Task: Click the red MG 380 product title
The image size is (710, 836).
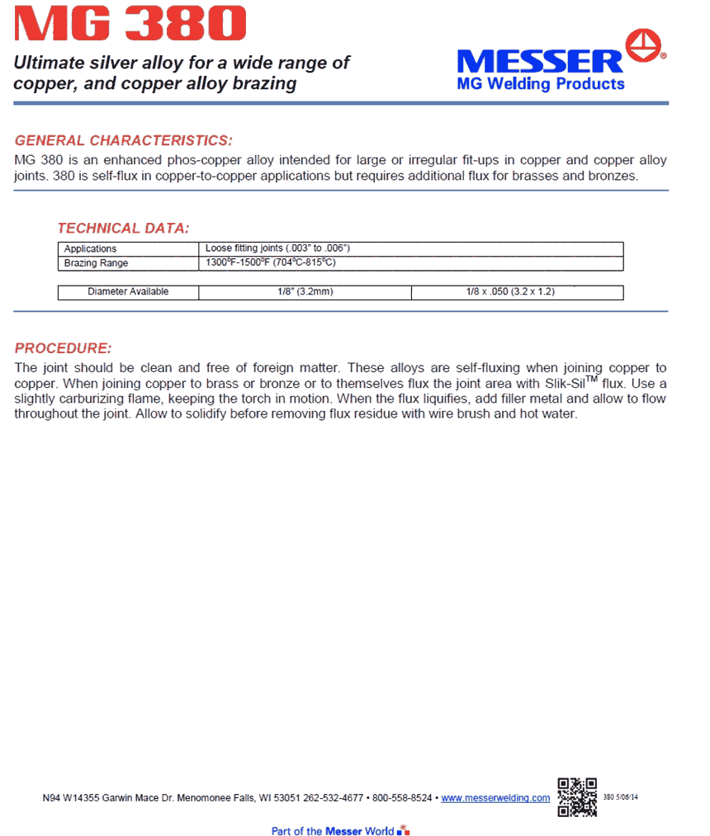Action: coord(130,25)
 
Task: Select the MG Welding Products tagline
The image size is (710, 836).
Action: coord(541,84)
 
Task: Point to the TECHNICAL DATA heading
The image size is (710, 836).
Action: coord(123,228)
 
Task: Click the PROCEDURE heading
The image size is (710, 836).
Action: coord(63,347)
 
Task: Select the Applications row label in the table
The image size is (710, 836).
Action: coord(91,248)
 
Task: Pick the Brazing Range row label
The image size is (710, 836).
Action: coord(97,263)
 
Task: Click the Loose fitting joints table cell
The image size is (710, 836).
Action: coord(278,248)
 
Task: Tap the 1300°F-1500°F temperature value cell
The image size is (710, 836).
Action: coord(271,263)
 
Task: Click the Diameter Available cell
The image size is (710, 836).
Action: coord(128,292)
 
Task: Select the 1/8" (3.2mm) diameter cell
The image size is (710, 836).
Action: coord(305,292)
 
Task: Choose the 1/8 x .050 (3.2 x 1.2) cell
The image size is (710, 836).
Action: coord(516,292)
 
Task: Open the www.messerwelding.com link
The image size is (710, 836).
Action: coord(495,798)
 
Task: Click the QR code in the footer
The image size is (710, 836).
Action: coord(577,796)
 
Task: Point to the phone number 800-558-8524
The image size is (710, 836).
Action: coord(402,798)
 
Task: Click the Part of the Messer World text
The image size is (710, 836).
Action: coord(333,830)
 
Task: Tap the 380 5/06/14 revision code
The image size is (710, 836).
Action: coord(622,798)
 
